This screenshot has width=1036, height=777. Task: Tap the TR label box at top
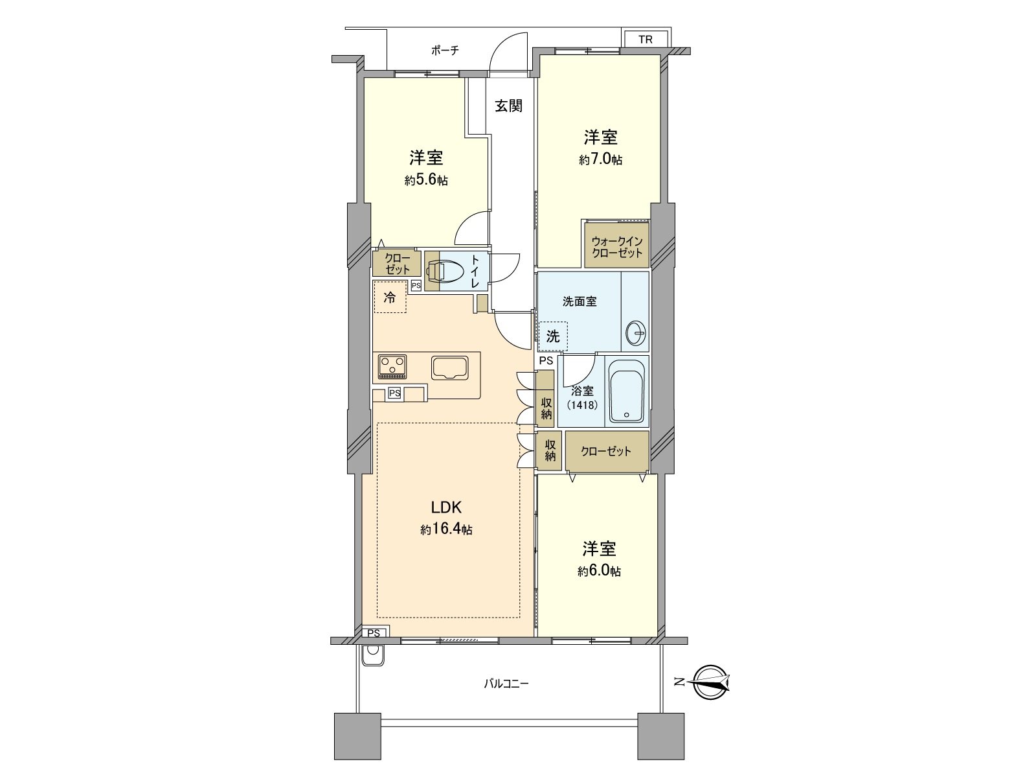[646, 40]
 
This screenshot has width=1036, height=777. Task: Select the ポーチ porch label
[445, 51]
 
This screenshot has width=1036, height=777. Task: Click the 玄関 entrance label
[509, 106]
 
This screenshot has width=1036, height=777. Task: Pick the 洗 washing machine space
[552, 337]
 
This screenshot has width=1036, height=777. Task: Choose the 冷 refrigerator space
[390, 298]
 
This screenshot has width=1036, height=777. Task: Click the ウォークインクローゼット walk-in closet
[616, 246]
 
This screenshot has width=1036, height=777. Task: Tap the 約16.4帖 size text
[446, 529]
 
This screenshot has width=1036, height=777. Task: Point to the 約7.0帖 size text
[600, 159]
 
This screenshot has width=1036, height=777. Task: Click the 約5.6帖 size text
[425, 180]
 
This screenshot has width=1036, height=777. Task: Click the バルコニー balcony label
[506, 683]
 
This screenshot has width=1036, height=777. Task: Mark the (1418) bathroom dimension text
[581, 404]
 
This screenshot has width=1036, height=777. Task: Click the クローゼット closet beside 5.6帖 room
[397, 264]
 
